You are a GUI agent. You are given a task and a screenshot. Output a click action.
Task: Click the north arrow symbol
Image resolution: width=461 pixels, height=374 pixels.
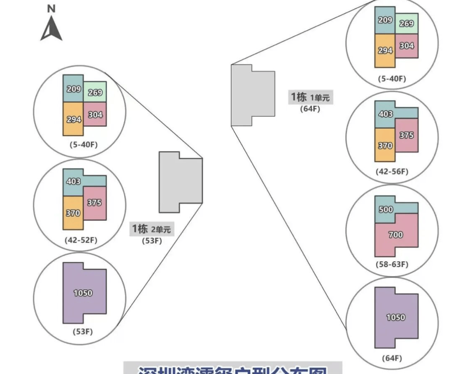pyautogui.click(x=51, y=28)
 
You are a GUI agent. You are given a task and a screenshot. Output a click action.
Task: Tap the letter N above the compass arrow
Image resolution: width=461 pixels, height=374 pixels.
pyautogui.click(x=51, y=8)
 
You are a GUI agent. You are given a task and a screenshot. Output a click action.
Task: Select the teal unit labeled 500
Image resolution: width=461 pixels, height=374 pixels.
pyautogui.click(x=386, y=209)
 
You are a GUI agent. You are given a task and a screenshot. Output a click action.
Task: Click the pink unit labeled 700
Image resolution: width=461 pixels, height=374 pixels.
pyautogui.click(x=396, y=235)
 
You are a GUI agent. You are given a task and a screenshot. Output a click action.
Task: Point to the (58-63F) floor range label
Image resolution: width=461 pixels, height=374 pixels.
pyautogui.click(x=392, y=264)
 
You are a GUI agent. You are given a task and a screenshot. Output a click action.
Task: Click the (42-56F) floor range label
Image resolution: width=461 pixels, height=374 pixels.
pyautogui.click(x=392, y=171)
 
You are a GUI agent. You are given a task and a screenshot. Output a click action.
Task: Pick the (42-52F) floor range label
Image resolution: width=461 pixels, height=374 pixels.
pyautogui.click(x=81, y=240)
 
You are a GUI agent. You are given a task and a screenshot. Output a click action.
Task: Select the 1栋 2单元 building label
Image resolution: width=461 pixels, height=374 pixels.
pyautogui.click(x=151, y=229)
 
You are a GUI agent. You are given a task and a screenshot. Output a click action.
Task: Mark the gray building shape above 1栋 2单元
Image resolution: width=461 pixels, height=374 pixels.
pyautogui.click(x=181, y=182)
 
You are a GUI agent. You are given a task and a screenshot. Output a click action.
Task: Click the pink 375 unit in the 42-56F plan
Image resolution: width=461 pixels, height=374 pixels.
pyautogui.click(x=407, y=135)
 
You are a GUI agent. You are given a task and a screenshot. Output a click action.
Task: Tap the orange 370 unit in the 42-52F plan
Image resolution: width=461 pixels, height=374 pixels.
pyautogui.click(x=73, y=213)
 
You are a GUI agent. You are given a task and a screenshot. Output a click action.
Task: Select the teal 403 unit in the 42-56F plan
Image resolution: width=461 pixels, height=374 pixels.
pyautogui.click(x=386, y=114)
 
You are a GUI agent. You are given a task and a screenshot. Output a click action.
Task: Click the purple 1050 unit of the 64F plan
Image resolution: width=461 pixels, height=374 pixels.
pyautogui.click(x=396, y=317)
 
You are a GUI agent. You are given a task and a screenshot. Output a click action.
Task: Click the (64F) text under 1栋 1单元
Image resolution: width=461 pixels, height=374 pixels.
pyautogui.click(x=310, y=109)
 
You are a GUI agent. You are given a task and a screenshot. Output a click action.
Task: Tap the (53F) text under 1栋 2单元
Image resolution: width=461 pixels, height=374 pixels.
pyautogui.click(x=152, y=241)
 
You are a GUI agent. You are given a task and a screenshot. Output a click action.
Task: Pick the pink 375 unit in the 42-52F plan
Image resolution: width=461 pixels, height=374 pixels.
pyautogui.click(x=94, y=203)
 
